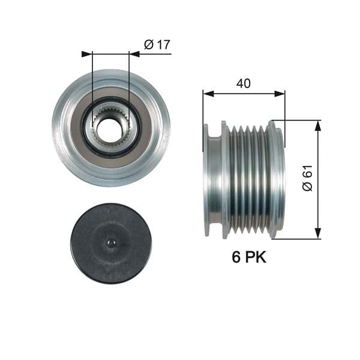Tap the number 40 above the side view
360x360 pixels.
tap(243, 84)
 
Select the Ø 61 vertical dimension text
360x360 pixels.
tap(308, 179)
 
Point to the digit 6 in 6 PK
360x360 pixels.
tap(236, 257)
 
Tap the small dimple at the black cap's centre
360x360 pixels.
tap(110, 242)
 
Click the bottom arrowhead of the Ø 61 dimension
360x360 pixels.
tap(318, 235)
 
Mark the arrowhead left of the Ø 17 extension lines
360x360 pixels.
tap(86, 54)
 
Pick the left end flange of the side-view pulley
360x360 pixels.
tap(211, 179)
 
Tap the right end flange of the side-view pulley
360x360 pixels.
tap(277, 179)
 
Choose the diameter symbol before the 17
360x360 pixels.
tap(148, 44)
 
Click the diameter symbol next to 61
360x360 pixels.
tap(308, 187)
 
